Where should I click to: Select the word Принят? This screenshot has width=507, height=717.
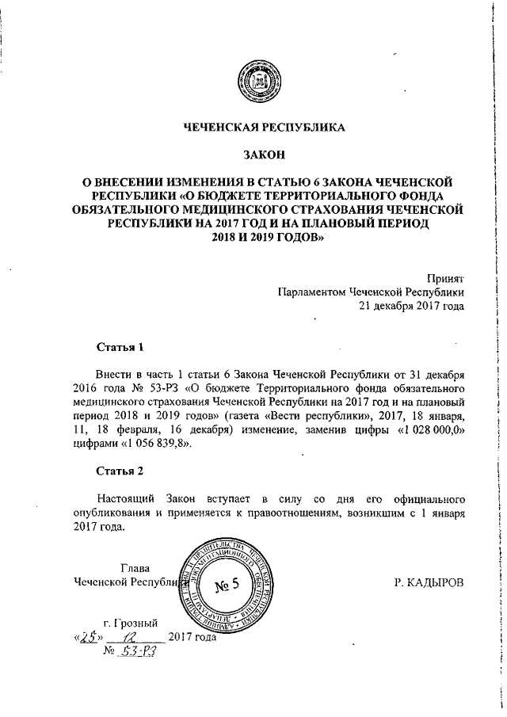(445, 277)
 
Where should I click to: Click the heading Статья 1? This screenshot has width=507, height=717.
(120, 347)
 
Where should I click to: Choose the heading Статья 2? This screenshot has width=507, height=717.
(120, 472)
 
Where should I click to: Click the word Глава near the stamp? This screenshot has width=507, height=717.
(134, 568)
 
